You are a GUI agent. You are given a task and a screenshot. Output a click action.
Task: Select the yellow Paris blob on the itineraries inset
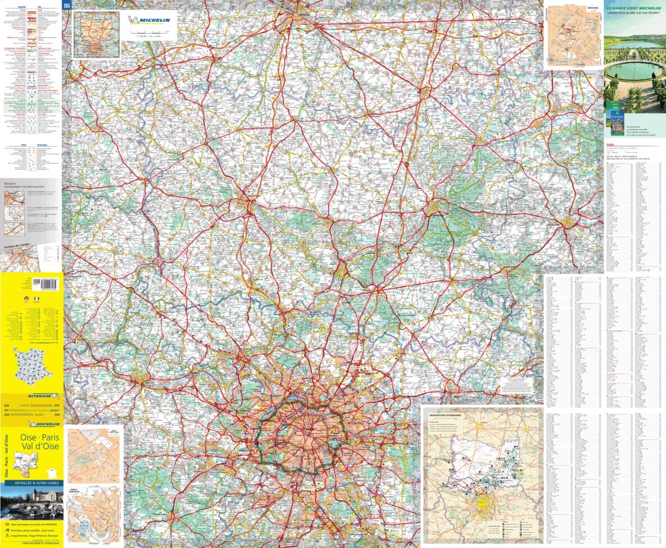(x=481, y=504)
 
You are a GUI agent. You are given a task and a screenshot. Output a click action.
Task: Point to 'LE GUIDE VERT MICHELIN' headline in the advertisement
(x=634, y=9)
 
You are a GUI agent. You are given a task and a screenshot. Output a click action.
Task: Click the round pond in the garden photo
(x=634, y=70)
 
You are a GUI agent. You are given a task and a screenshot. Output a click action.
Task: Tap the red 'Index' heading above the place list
(x=610, y=144)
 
